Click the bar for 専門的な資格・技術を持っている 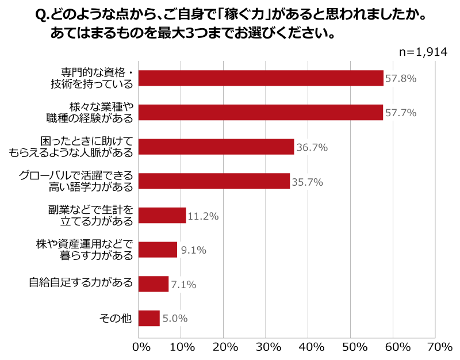261,78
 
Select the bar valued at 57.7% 260,112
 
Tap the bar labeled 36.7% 216,147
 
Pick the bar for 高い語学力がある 214,181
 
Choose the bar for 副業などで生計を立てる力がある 162,216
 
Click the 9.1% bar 158,250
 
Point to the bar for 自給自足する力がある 154,284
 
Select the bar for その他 149,318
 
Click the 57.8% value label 401,79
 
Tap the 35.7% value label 307,182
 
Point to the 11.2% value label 203,217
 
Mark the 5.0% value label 175,319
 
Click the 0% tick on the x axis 141,347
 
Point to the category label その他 116,318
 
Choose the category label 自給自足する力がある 81,283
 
